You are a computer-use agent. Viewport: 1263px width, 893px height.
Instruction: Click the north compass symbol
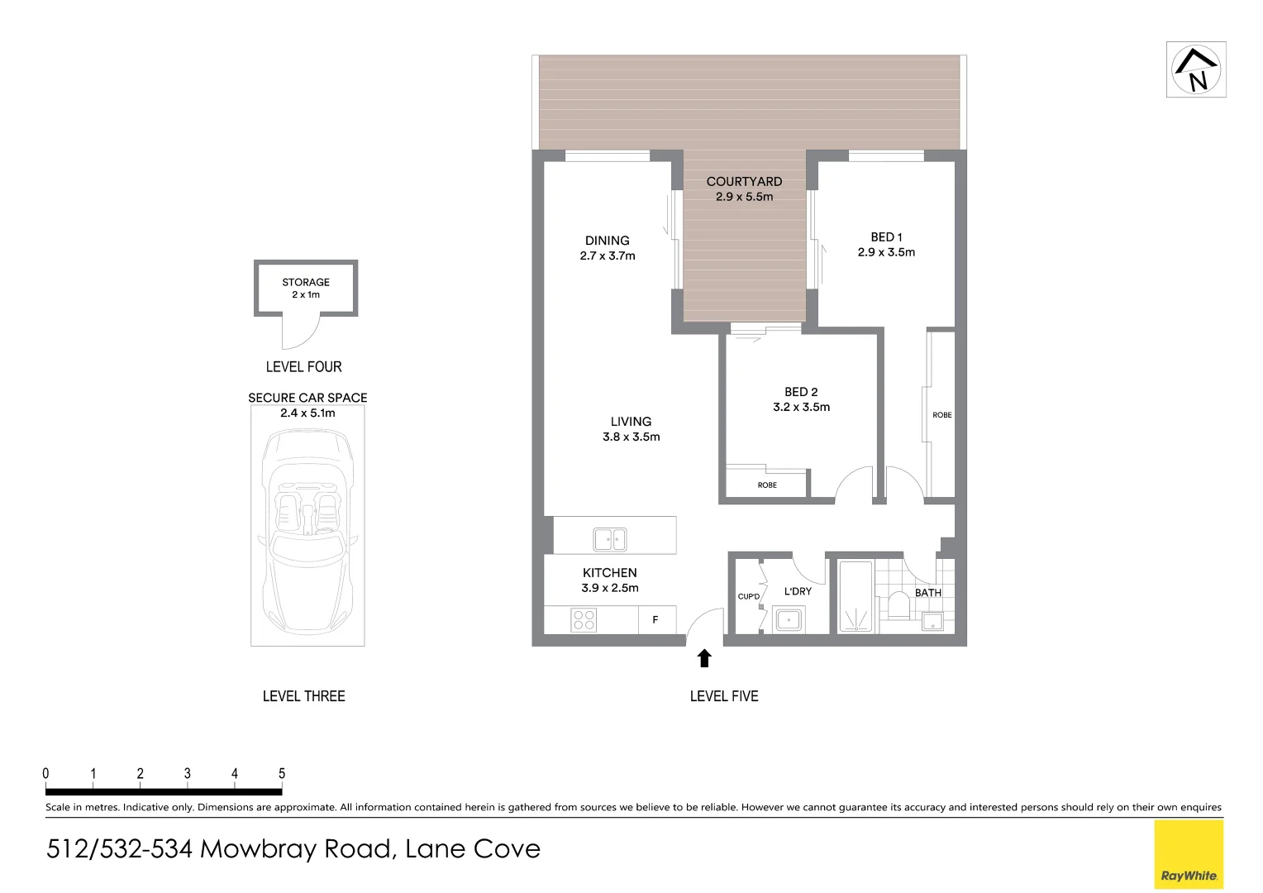pyautogui.click(x=1195, y=69)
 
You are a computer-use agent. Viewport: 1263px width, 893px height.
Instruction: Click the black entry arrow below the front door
pyautogui.click(x=704, y=658)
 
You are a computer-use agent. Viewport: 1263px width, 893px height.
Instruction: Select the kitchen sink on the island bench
pyautogui.click(x=609, y=539)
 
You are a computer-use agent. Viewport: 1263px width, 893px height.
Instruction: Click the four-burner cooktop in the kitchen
pyautogui.click(x=584, y=619)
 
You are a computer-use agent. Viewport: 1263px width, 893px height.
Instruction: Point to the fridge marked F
pyautogui.click(x=655, y=619)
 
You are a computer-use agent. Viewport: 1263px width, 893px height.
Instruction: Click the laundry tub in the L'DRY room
pyautogui.click(x=789, y=619)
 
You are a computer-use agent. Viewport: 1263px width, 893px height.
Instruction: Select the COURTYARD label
pyautogui.click(x=744, y=181)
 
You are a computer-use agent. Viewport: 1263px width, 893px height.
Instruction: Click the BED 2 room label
pyautogui.click(x=801, y=392)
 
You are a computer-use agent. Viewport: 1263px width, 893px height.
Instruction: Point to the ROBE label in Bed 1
pyautogui.click(x=942, y=415)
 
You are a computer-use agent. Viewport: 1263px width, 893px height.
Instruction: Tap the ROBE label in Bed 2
pyautogui.click(x=767, y=485)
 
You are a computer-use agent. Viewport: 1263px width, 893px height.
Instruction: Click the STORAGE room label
pyautogui.click(x=306, y=282)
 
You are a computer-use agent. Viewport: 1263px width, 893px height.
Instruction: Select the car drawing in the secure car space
pyautogui.click(x=307, y=529)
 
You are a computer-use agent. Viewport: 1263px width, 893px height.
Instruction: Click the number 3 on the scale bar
pyautogui.click(x=188, y=774)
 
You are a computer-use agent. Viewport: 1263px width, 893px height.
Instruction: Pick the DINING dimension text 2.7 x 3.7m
pyautogui.click(x=608, y=256)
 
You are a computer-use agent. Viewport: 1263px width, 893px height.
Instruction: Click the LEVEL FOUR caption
pyautogui.click(x=303, y=367)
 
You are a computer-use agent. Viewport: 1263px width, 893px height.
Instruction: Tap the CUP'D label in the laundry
pyautogui.click(x=749, y=596)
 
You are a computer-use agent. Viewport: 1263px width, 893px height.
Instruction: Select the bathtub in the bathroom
pyautogui.click(x=856, y=597)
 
